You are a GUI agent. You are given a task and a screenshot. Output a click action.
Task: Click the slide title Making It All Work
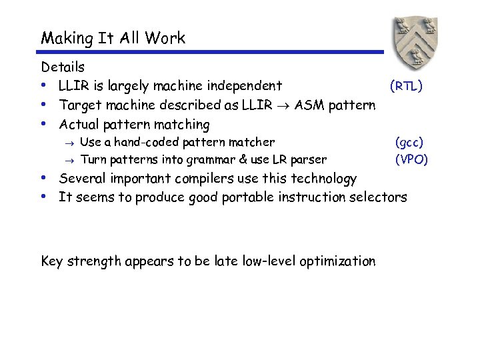coord(113,38)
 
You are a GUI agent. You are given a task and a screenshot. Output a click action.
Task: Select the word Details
coord(63,67)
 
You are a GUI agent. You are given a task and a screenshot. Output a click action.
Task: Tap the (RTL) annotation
coord(406,85)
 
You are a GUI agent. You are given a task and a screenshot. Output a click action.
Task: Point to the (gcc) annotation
coord(409,142)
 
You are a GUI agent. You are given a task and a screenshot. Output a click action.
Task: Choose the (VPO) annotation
coord(411,159)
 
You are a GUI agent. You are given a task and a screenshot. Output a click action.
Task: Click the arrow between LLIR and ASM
coord(284,105)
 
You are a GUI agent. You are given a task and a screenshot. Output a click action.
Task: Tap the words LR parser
coord(299,159)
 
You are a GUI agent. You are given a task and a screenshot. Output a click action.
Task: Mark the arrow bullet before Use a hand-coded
coord(70,142)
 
